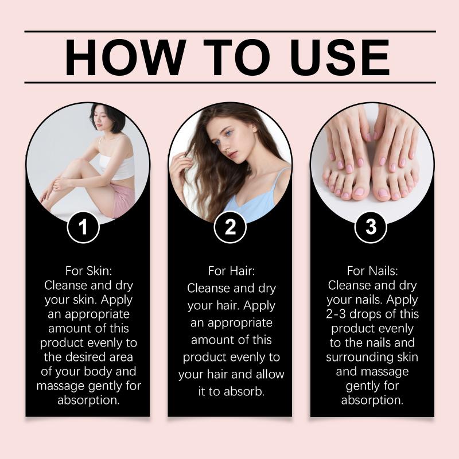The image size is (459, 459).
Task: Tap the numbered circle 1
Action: (x=83, y=227)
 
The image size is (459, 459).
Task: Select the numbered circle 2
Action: (x=230, y=227)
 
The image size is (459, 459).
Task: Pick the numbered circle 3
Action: (x=371, y=227)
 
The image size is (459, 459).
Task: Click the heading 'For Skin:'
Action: (x=89, y=271)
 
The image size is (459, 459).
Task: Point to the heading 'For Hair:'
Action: (x=232, y=271)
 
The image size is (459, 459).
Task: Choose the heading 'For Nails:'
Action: (x=372, y=271)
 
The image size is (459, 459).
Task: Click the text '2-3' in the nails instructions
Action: (x=336, y=314)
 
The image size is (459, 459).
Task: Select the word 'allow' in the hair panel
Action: (x=270, y=375)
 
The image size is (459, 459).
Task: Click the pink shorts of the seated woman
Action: (x=122, y=199)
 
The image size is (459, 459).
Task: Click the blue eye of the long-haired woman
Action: (x=228, y=134)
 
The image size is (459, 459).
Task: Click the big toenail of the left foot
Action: (x=359, y=192)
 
